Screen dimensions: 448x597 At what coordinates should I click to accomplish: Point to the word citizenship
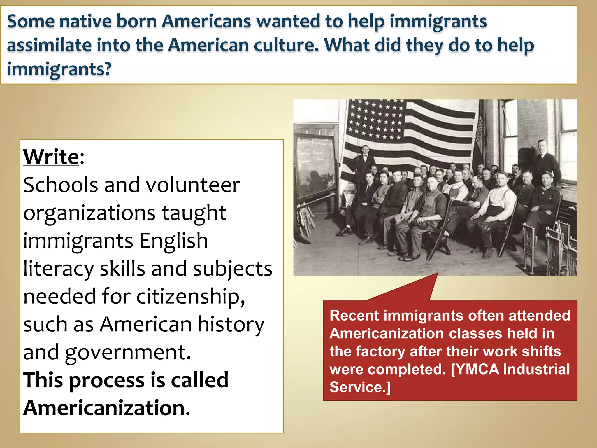190,296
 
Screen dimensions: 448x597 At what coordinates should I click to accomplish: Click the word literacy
58,269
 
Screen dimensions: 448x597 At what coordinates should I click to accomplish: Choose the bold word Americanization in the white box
106,408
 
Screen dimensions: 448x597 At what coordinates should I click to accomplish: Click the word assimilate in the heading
49,45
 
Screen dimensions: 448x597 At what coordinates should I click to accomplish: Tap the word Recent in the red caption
353,316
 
